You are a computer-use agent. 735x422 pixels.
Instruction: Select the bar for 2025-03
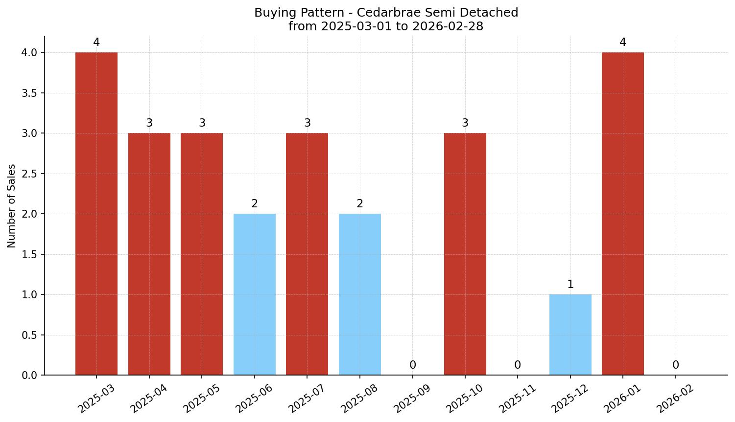[x=96, y=214]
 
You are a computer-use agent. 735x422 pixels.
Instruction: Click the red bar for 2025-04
[x=149, y=254]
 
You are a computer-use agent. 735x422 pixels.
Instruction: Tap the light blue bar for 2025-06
[x=255, y=294]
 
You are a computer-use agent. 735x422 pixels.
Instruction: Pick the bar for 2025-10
[x=465, y=254]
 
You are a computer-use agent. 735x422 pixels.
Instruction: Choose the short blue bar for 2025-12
[x=570, y=335]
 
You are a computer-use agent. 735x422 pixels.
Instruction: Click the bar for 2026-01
[x=623, y=214]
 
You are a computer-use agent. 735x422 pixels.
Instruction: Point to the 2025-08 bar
[x=360, y=294]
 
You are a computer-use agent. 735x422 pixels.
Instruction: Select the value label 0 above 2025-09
[x=413, y=365]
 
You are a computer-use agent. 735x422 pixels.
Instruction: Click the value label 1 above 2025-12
[x=570, y=285]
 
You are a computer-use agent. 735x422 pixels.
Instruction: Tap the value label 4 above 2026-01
[x=623, y=43]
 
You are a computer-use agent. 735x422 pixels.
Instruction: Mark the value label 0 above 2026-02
[x=676, y=365]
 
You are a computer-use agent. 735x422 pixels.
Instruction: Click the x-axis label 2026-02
[x=673, y=399]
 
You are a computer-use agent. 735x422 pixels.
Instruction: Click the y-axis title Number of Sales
[x=12, y=206]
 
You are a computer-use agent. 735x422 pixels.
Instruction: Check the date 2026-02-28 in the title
[x=448, y=26]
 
